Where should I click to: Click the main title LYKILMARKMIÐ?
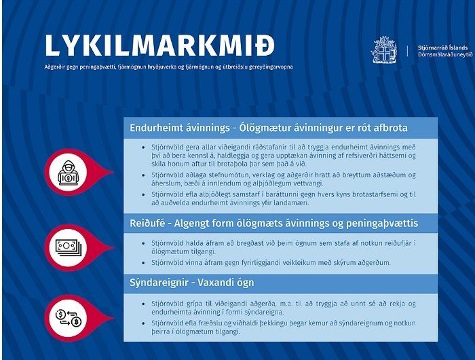pyautogui.click(x=160, y=45)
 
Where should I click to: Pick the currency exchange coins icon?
pyautogui.click(x=68, y=315)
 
